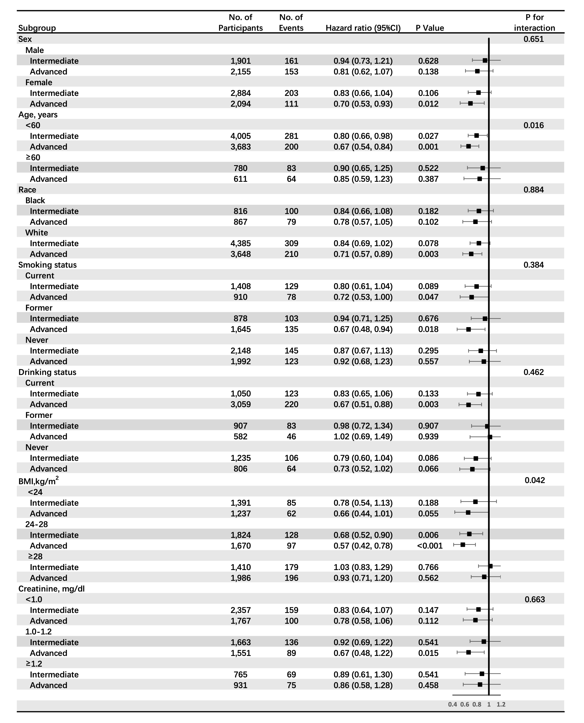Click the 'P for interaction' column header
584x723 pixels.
tap(534, 22)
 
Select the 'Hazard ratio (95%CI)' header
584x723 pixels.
tap(363, 28)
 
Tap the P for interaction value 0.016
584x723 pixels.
tap(534, 126)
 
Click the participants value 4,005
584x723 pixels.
tap(240, 136)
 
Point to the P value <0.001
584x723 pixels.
tap(430, 546)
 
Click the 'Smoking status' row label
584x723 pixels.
tap(47, 265)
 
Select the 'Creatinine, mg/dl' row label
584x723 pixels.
tap(52, 589)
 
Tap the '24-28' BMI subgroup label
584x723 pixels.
tap(37, 524)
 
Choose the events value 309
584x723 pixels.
tap(291, 243)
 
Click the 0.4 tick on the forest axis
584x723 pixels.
tap(452, 704)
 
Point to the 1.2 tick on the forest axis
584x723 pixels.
tap(501, 704)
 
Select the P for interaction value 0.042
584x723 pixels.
tap(535, 480)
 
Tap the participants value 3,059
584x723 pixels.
tap(240, 404)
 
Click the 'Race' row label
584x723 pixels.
tap(27, 190)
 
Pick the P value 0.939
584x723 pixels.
tap(428, 437)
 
